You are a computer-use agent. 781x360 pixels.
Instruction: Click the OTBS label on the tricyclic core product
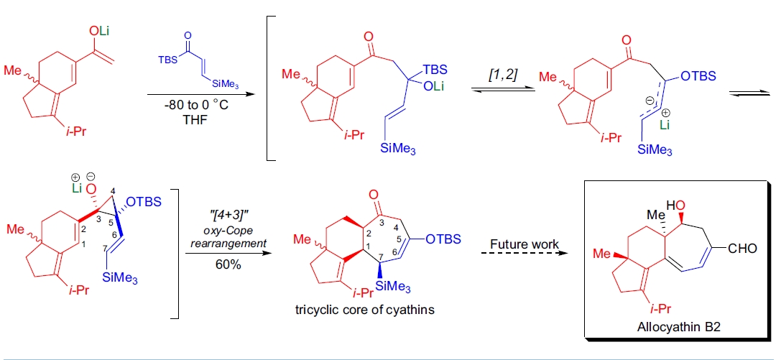(x=441, y=239)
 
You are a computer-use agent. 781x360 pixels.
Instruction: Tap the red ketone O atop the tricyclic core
(x=372, y=194)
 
